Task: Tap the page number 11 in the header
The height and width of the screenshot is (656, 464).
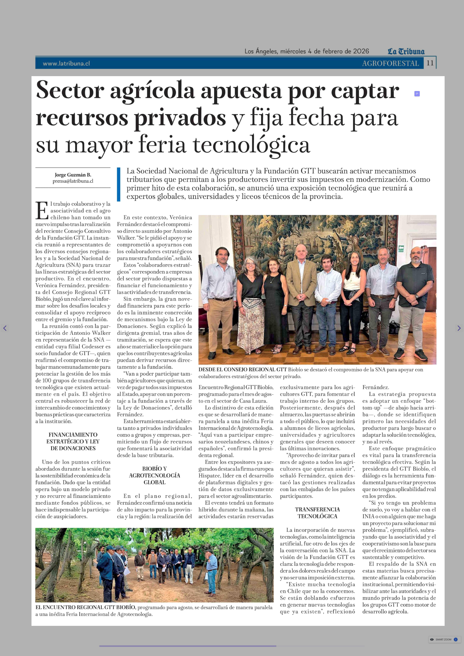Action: point(430,63)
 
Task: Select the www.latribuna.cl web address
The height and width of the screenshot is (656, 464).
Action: point(66,63)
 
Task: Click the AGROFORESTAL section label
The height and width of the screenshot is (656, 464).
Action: point(390,63)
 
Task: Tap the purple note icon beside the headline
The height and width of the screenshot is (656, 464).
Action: point(417,94)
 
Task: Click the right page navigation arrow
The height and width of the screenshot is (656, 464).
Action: point(459,328)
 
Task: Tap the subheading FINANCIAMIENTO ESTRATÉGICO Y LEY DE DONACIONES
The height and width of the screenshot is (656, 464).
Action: point(73,441)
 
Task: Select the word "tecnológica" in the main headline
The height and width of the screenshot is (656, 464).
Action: point(251,145)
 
